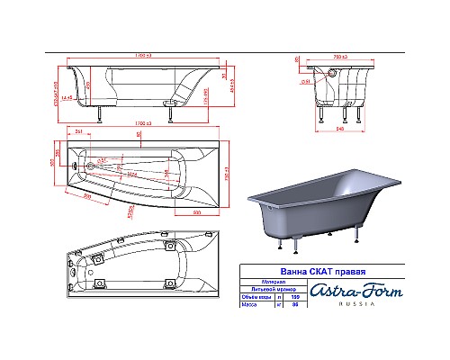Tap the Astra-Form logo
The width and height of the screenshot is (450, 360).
click(352, 289)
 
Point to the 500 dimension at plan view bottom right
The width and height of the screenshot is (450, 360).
click(196, 211)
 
